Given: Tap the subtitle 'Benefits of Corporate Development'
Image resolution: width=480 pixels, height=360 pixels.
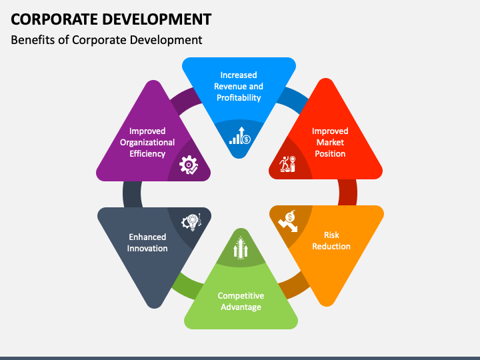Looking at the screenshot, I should click(107, 40).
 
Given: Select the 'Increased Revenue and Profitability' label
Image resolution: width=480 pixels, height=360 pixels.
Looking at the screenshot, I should click(238, 86).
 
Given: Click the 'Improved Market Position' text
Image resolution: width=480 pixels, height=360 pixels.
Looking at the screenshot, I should click(330, 142).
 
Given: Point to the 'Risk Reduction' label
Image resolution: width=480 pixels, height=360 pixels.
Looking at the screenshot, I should click(331, 240).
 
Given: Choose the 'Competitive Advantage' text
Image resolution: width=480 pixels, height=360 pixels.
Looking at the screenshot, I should click(241, 301).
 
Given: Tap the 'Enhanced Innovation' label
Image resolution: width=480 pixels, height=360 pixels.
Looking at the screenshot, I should click(148, 242).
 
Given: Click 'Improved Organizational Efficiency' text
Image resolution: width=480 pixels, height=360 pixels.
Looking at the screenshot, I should click(147, 142).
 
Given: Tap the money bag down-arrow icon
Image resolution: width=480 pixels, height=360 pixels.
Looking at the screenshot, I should click(289, 221).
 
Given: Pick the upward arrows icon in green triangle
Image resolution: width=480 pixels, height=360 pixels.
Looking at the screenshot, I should click(241, 249).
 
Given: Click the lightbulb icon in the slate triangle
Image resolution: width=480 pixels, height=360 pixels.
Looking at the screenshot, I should click(191, 223).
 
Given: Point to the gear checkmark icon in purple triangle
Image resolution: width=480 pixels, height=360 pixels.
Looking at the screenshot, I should click(189, 165).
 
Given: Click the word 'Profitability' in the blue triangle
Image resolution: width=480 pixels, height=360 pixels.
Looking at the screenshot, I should click(238, 97).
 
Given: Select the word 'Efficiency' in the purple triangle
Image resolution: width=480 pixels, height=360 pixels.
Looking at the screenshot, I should click(147, 153).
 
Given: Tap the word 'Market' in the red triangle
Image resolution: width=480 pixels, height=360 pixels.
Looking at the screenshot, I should click(330, 142).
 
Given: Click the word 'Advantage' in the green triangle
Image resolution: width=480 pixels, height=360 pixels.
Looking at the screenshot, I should click(241, 307).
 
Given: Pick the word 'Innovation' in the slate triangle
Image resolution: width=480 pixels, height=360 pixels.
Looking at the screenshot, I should click(148, 248).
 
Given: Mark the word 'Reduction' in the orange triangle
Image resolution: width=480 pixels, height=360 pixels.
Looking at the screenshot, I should click(331, 246).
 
